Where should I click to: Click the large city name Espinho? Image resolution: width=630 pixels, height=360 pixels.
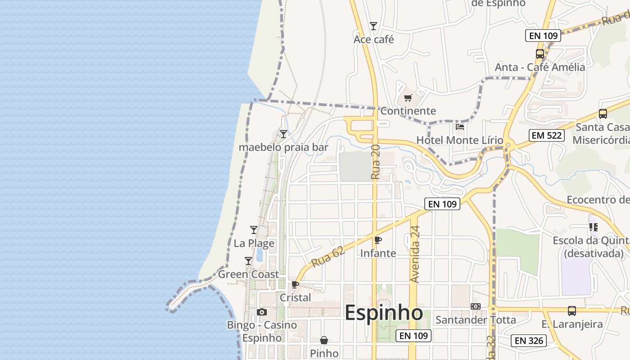[x=383, y=313]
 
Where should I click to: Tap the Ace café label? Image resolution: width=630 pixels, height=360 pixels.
[x=373, y=40]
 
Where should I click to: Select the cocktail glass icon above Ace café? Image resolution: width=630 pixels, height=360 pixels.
[x=373, y=26]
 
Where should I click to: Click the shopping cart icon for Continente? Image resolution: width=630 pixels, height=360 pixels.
[x=408, y=98]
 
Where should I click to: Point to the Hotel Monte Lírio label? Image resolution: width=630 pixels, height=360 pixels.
[x=459, y=140]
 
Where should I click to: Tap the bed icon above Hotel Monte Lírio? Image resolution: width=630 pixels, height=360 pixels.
[x=459, y=127]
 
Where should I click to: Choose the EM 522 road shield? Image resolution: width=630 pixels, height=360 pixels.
[x=547, y=135]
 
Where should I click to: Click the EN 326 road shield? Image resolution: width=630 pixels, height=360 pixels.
[x=529, y=341]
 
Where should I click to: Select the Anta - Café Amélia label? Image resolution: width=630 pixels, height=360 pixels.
[x=540, y=67]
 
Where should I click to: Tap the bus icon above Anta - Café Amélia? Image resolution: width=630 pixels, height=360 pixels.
[x=540, y=54]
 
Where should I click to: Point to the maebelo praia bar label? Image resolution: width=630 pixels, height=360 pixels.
[x=283, y=147]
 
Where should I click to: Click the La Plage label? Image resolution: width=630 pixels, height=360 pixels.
[x=254, y=243]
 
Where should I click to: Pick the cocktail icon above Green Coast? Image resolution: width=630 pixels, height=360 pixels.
[x=248, y=261]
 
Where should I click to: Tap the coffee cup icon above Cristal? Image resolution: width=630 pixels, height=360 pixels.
[x=295, y=284]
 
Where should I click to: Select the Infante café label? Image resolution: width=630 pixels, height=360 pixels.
[x=378, y=253]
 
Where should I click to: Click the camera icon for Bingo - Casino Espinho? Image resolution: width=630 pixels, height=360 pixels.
[x=261, y=312]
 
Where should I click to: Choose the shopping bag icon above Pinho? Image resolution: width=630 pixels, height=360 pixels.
[x=324, y=340]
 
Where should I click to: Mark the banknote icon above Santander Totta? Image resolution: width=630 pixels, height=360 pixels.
[x=476, y=306]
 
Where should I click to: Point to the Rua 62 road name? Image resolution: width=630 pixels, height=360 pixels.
[x=328, y=256]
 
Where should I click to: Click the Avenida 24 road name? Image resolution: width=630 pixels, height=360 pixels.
[x=414, y=254]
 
